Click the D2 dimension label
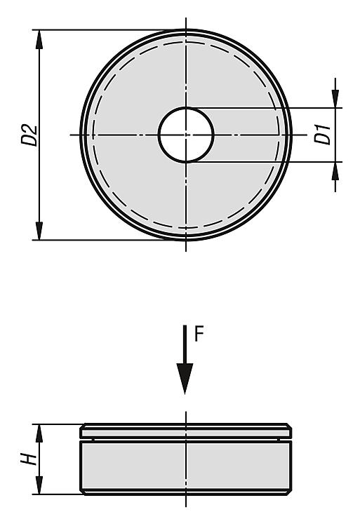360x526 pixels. [x=29, y=135]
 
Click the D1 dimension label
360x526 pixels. [x=323, y=134]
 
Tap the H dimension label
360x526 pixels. [x=29, y=459]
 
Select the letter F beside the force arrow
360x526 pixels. [x=199, y=334]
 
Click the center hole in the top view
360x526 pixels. [x=186, y=135]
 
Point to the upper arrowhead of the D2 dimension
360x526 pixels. [x=39, y=39]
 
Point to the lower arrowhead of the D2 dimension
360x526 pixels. [x=39, y=231]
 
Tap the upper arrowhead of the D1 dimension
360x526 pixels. [x=335, y=99]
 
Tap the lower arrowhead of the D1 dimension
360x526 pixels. [x=335, y=171]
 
